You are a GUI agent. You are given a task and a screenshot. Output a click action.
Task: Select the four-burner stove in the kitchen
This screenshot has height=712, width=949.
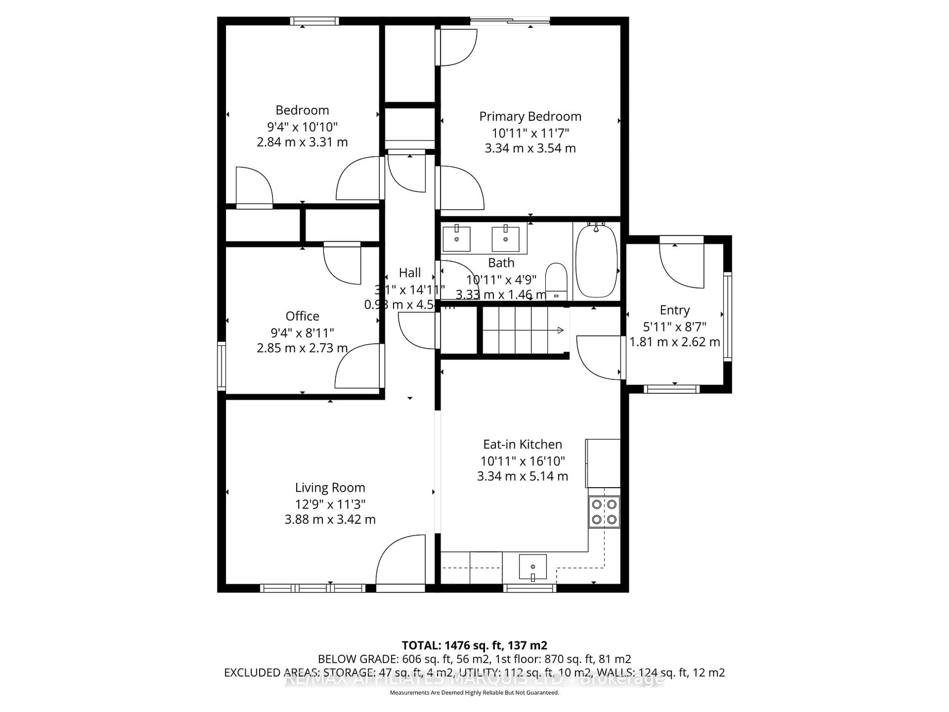click(604, 512)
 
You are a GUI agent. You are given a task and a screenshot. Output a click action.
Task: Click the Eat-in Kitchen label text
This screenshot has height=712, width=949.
click(522, 444)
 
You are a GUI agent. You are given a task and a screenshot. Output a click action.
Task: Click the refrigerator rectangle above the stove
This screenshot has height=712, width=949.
click(603, 463)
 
